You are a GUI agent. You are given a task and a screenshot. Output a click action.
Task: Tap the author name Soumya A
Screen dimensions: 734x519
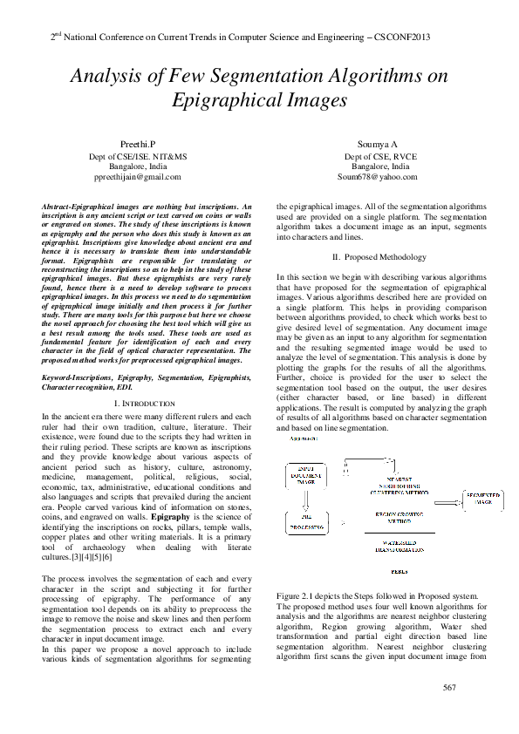[x=379, y=142]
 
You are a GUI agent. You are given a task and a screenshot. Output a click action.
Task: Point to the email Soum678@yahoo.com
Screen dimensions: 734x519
[x=379, y=176]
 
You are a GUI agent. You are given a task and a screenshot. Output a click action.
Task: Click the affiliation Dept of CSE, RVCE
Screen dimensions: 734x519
[x=379, y=154]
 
